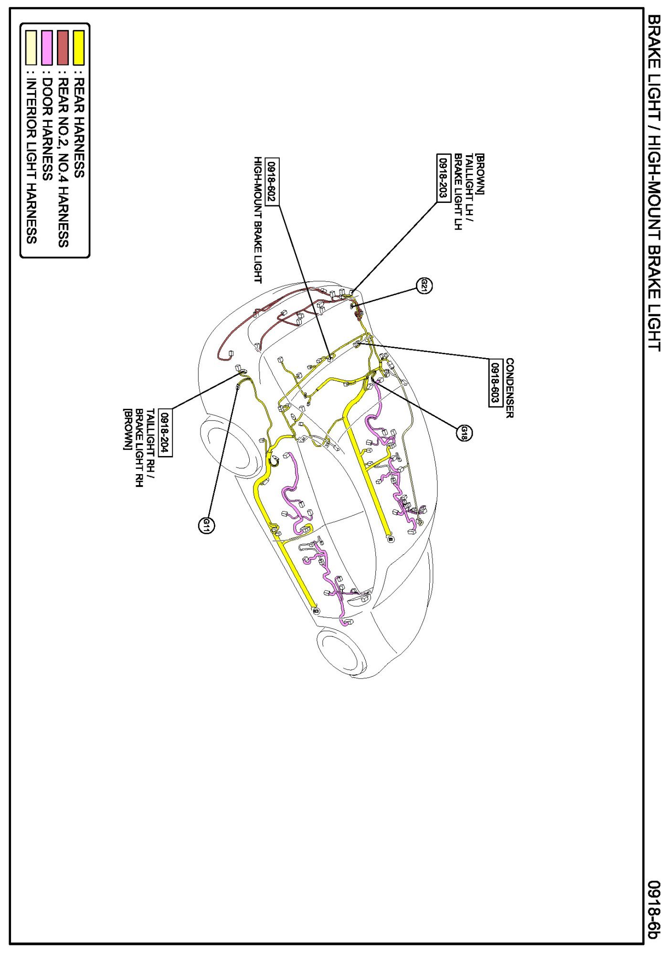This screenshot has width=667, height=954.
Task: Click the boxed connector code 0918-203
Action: coord(444,178)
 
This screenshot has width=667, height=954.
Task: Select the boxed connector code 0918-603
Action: coord(496,382)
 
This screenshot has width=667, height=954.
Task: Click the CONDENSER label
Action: coord(509,388)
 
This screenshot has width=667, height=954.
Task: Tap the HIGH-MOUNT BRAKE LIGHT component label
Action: coord(258,220)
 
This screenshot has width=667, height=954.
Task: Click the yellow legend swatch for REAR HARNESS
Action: coord(79,47)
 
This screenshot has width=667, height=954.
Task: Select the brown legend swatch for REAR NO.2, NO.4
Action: coord(63,47)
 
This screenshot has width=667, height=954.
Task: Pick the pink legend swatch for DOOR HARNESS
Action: coord(47,47)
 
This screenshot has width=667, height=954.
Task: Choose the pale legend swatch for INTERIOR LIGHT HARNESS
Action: coord(31,47)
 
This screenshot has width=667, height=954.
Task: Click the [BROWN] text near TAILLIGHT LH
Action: coord(480,174)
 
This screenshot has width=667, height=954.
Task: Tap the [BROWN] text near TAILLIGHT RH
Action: coord(127,429)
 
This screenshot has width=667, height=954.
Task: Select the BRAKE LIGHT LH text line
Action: coord(457,192)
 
